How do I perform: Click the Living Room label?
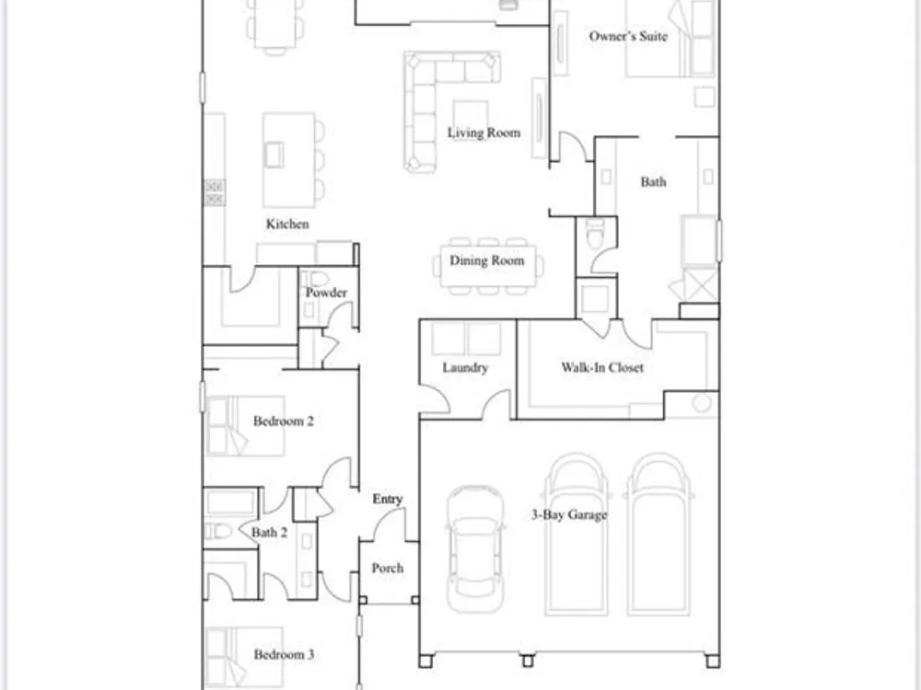(484, 133)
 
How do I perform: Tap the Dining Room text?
(487, 260)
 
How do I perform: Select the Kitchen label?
(287, 224)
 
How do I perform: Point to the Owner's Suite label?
(628, 37)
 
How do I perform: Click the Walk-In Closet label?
(602, 368)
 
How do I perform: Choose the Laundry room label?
(465, 368)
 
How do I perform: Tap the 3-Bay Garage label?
(569, 515)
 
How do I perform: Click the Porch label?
(388, 568)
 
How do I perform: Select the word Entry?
(388, 500)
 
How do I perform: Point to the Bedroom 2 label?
(283, 421)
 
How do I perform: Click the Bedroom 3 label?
(284, 654)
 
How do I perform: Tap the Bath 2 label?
(269, 532)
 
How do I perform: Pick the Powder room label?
(326, 293)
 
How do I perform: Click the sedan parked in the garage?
(475, 548)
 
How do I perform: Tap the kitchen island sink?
(274, 155)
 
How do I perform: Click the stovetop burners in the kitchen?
(214, 192)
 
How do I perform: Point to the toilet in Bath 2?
(218, 532)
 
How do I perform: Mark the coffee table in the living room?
(471, 116)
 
